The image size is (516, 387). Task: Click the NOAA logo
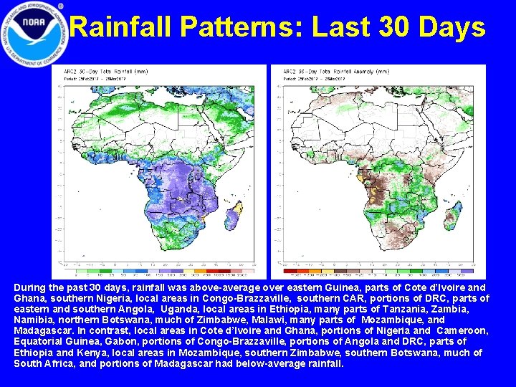(34, 34)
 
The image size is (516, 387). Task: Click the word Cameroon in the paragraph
(463, 330)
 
